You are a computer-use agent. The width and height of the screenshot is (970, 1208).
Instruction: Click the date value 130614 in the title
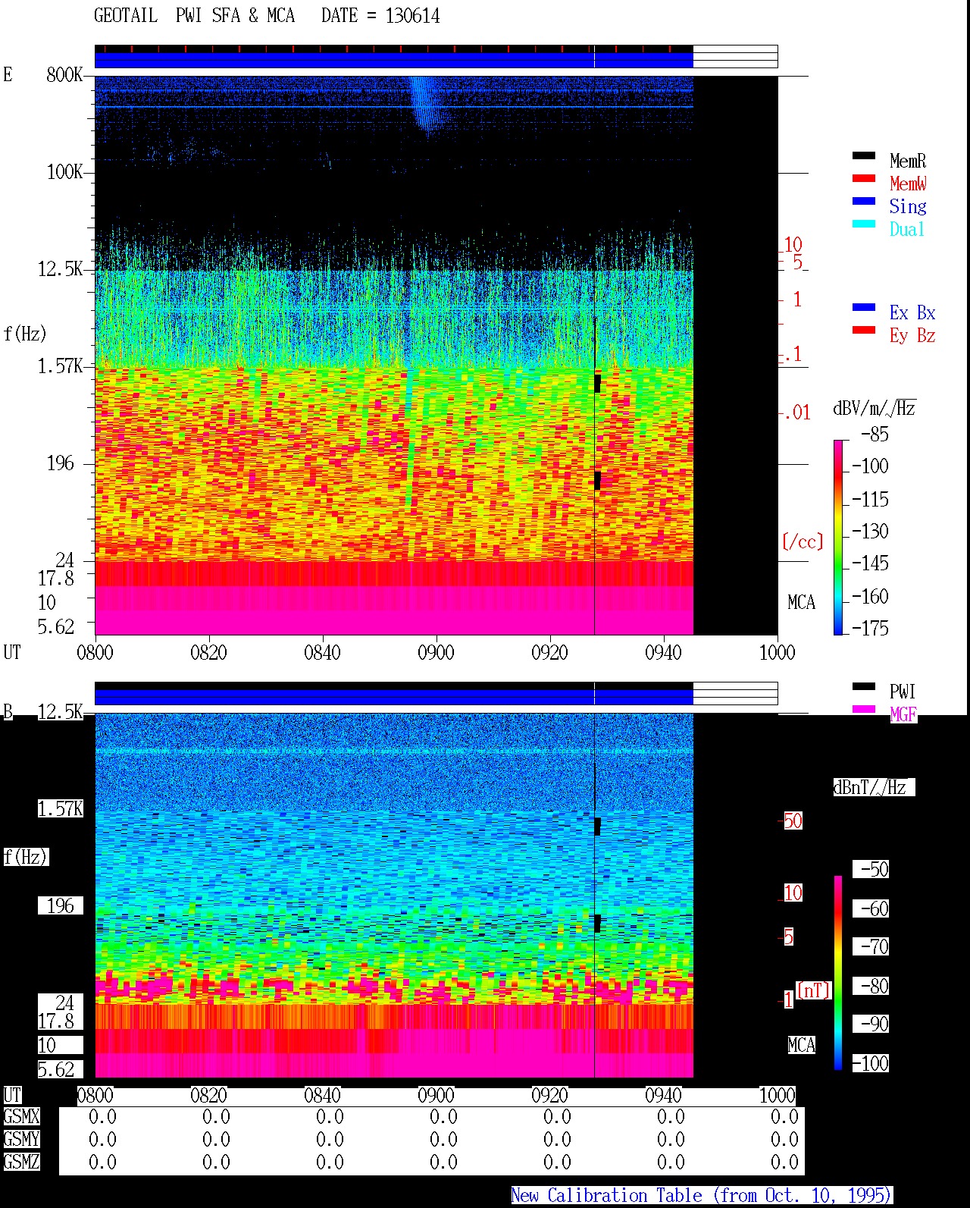[x=412, y=16]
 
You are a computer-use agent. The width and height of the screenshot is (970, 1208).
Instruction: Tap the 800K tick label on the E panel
[x=64, y=74]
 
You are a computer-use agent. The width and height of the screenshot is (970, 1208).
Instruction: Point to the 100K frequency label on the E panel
[x=64, y=172]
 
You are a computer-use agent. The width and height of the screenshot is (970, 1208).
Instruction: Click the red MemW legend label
[x=908, y=184]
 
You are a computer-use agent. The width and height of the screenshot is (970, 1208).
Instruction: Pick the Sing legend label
[x=908, y=206]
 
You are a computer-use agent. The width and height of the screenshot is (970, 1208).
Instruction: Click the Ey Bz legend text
[x=912, y=336]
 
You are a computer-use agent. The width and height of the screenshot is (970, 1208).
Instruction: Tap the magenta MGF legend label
[x=903, y=714]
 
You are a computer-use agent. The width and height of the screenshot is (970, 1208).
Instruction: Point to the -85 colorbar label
[x=875, y=434]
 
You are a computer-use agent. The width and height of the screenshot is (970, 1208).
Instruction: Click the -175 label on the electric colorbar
[x=870, y=628]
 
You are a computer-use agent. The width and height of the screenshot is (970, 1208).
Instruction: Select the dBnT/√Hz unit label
[x=874, y=787]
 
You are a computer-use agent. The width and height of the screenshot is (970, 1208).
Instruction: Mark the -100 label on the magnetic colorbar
[x=871, y=1063]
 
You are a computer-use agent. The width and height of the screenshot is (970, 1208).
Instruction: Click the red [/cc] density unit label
[x=803, y=541]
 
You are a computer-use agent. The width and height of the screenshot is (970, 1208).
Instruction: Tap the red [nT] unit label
[x=813, y=990]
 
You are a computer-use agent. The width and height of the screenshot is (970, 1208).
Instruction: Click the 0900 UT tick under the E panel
[x=436, y=652]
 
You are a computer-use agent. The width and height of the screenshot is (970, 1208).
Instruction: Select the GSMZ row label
[x=21, y=1162]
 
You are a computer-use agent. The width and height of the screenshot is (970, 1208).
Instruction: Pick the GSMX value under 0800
[x=102, y=1116]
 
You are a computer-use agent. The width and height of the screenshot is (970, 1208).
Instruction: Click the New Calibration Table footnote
[x=701, y=1195]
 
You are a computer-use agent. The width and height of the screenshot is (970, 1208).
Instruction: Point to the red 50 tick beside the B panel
[x=793, y=821]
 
